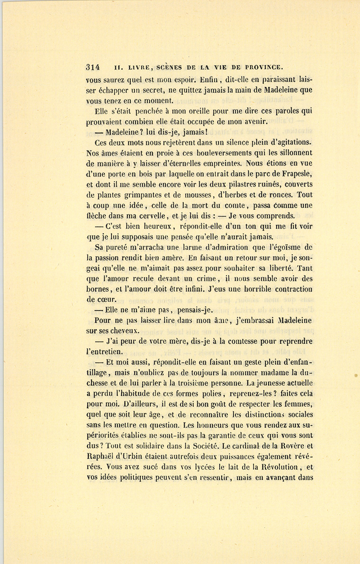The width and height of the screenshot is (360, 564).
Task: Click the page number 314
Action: click(93, 67)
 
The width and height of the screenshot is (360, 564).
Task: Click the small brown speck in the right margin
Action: click(355, 375)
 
